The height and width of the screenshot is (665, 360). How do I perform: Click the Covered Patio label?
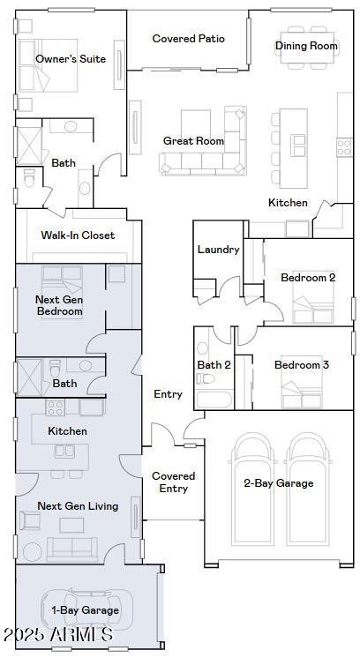click(189, 39)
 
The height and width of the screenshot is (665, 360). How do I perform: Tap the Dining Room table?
click(307, 48)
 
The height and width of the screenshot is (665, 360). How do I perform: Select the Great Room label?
click(193, 141)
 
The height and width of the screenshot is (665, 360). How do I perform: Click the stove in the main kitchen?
click(344, 147)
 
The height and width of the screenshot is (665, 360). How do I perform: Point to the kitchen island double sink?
click(298, 146)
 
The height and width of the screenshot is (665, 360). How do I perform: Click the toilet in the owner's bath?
click(29, 178)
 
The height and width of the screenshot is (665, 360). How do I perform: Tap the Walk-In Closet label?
click(78, 235)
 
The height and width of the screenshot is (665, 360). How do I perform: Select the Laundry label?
click(218, 250)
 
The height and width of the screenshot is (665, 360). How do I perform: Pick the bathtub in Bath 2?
click(214, 399)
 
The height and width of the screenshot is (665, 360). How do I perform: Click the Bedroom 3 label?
click(302, 365)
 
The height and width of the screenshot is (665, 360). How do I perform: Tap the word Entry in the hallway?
click(169, 394)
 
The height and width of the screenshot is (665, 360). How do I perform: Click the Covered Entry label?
click(173, 482)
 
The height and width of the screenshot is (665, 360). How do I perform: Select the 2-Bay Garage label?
click(279, 483)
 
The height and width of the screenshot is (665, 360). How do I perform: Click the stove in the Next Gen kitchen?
click(56, 407)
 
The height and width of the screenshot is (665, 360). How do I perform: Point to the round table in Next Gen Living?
click(33, 552)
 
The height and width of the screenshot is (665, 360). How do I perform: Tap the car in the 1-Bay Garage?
click(86, 609)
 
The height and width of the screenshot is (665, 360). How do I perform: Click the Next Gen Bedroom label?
click(59, 305)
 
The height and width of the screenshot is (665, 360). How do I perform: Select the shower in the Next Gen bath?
click(29, 377)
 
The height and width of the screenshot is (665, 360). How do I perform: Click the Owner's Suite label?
click(71, 58)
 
